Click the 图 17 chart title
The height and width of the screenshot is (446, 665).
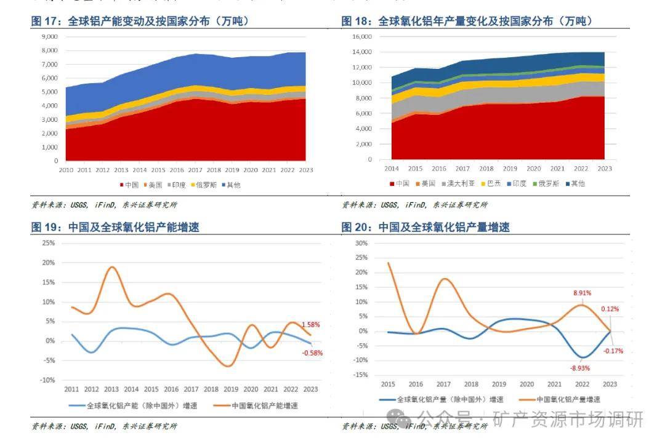click(x=140, y=22)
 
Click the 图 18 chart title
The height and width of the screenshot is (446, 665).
click(x=467, y=22)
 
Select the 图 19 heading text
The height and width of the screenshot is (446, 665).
click(x=115, y=228)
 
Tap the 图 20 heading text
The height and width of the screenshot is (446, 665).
click(x=425, y=228)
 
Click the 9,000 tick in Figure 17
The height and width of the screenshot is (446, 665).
click(x=49, y=36)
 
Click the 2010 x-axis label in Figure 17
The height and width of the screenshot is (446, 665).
click(x=65, y=170)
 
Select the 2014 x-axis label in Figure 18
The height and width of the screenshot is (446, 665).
click(x=392, y=169)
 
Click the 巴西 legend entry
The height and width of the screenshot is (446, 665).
click(x=494, y=183)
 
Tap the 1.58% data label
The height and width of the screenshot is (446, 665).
click(x=311, y=325)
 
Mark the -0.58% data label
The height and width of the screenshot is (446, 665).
click(x=312, y=353)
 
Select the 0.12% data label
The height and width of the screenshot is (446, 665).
click(x=610, y=309)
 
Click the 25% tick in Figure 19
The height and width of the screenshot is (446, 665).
click(x=48, y=243)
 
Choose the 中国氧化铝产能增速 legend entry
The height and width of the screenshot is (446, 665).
click(x=265, y=405)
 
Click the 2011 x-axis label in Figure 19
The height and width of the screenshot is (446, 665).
click(x=72, y=389)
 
